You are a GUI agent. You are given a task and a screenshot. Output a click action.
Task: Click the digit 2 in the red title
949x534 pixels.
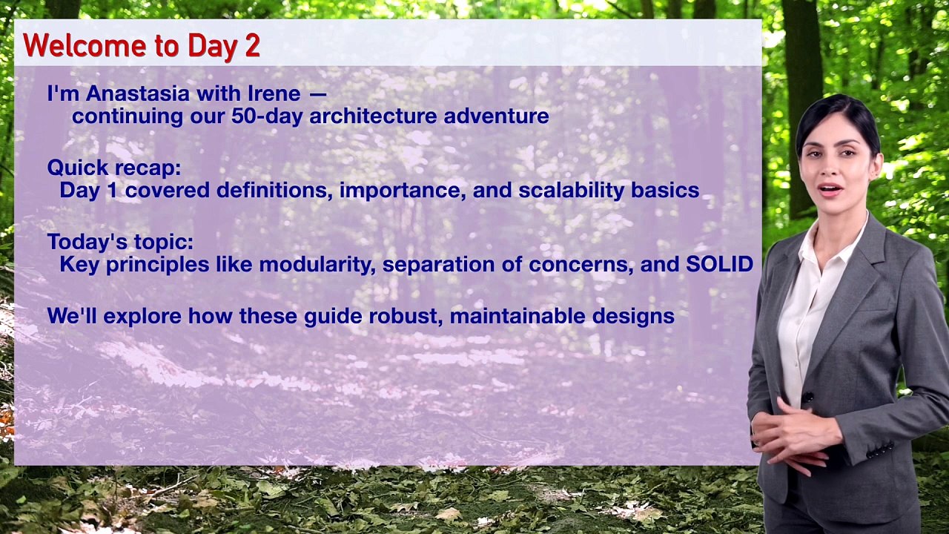coord(251,46)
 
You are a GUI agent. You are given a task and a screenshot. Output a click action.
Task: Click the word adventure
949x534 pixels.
coord(496,116)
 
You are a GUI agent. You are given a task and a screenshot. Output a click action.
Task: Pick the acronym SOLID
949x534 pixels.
coord(719,264)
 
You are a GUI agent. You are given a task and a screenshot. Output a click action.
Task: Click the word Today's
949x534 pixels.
coord(87,242)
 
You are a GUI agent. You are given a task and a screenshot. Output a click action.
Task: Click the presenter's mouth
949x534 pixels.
coord(830,189)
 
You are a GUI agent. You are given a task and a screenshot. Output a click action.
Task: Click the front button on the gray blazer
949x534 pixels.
coord(808,398)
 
